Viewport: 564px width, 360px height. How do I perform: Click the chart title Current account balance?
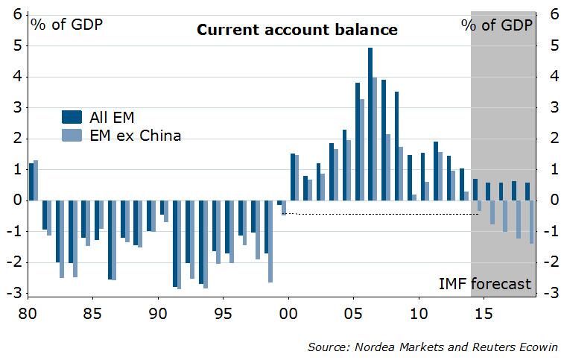coord(297,31)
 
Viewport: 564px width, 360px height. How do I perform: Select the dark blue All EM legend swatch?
coord(72,116)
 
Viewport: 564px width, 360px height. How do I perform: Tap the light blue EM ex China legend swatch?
coord(72,135)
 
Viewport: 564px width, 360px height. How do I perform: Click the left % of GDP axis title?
coord(66,24)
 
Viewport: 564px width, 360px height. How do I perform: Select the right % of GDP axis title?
coord(497,24)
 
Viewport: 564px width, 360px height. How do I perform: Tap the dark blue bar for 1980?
coord(31,181)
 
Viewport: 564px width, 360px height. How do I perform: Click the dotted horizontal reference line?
coord(380,215)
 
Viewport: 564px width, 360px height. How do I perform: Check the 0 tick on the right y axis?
coord(554,200)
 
